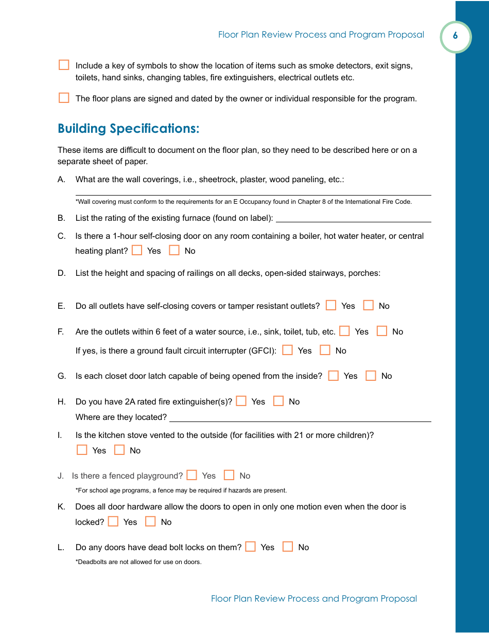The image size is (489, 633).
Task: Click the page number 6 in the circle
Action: (x=455, y=36)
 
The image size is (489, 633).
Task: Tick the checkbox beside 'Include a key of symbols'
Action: (x=64, y=65)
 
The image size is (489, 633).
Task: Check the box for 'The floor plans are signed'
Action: (x=64, y=98)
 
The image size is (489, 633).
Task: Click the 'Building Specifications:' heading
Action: (x=128, y=129)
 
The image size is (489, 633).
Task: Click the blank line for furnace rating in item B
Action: (x=353, y=218)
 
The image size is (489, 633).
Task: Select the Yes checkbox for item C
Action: (x=137, y=251)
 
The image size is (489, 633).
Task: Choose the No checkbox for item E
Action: (x=369, y=306)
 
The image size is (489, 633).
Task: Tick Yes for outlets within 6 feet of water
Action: (x=345, y=331)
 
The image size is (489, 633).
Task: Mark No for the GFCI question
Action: (x=325, y=350)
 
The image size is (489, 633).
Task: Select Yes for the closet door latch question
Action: (x=334, y=376)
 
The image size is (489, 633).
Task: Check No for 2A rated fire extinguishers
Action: (x=278, y=401)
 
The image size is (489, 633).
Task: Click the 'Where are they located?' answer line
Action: (x=300, y=417)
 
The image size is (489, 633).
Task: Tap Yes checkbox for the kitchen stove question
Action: (x=82, y=450)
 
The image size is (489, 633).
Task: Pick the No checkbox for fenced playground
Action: (x=229, y=476)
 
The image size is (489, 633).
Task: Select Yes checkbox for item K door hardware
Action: (x=113, y=522)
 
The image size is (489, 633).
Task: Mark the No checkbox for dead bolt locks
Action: (x=288, y=547)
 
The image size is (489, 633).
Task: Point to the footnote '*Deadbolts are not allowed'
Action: (x=138, y=562)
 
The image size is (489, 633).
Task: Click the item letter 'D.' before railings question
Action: (x=62, y=273)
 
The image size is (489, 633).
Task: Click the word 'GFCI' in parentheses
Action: (x=261, y=351)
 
